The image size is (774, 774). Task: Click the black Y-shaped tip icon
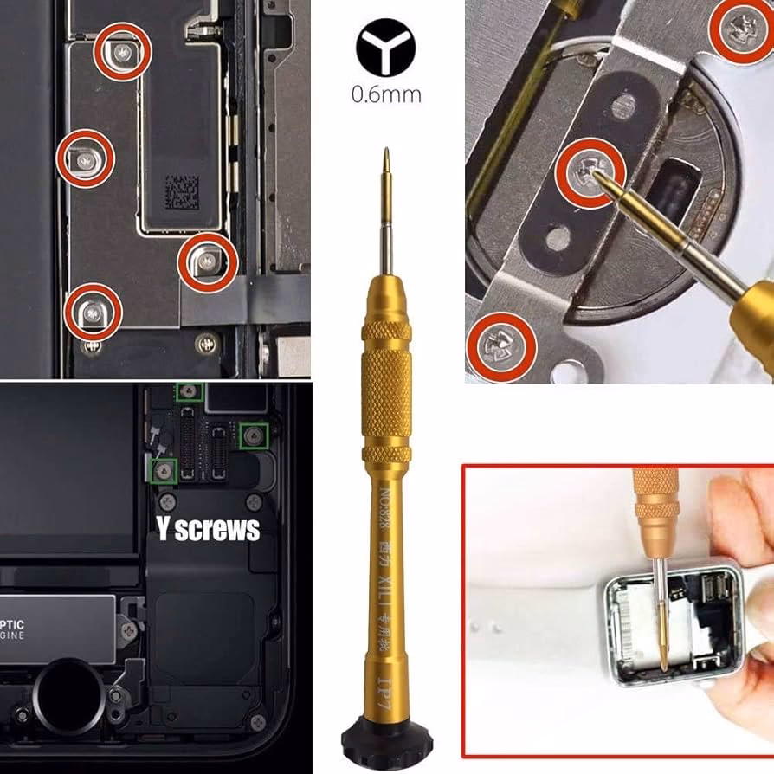click(385, 48)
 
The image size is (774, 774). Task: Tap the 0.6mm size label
click(386, 94)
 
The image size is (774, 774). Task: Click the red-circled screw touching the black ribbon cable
click(207, 259)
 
